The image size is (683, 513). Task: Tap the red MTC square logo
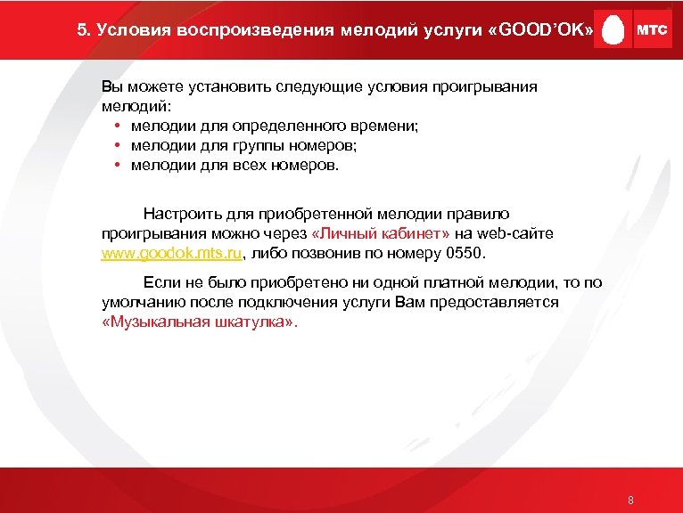click(651, 29)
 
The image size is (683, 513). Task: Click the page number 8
click(630, 500)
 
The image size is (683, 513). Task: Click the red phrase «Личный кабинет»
click(383, 233)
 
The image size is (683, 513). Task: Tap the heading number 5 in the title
click(82, 29)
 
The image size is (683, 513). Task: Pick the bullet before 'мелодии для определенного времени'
click(118, 126)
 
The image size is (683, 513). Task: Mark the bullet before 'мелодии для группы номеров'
click(118, 145)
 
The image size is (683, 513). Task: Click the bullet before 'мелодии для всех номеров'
click(118, 165)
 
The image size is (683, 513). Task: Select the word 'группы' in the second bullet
click(235, 145)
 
